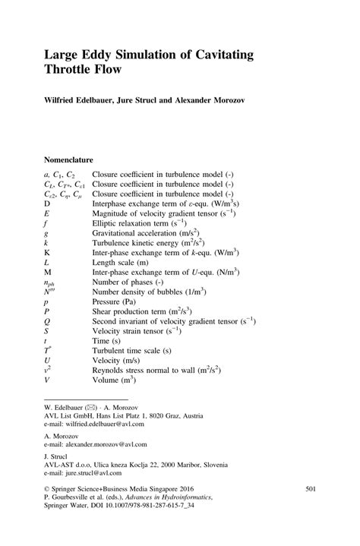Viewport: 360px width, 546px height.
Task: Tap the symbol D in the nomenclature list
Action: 47,204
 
